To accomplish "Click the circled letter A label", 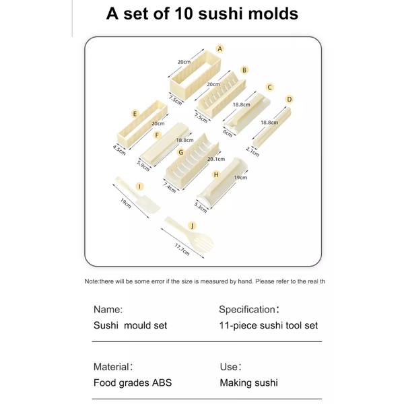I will click(x=220, y=48).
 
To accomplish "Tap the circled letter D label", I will click(x=290, y=99).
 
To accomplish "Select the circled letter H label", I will click(x=215, y=174).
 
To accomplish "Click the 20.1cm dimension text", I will click(x=217, y=160).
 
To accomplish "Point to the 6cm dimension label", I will click(x=228, y=133).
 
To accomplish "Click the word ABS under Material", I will click(x=161, y=382).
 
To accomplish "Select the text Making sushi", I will click(x=248, y=382).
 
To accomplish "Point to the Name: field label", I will click(x=108, y=310).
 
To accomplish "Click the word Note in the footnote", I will click(x=92, y=281).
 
